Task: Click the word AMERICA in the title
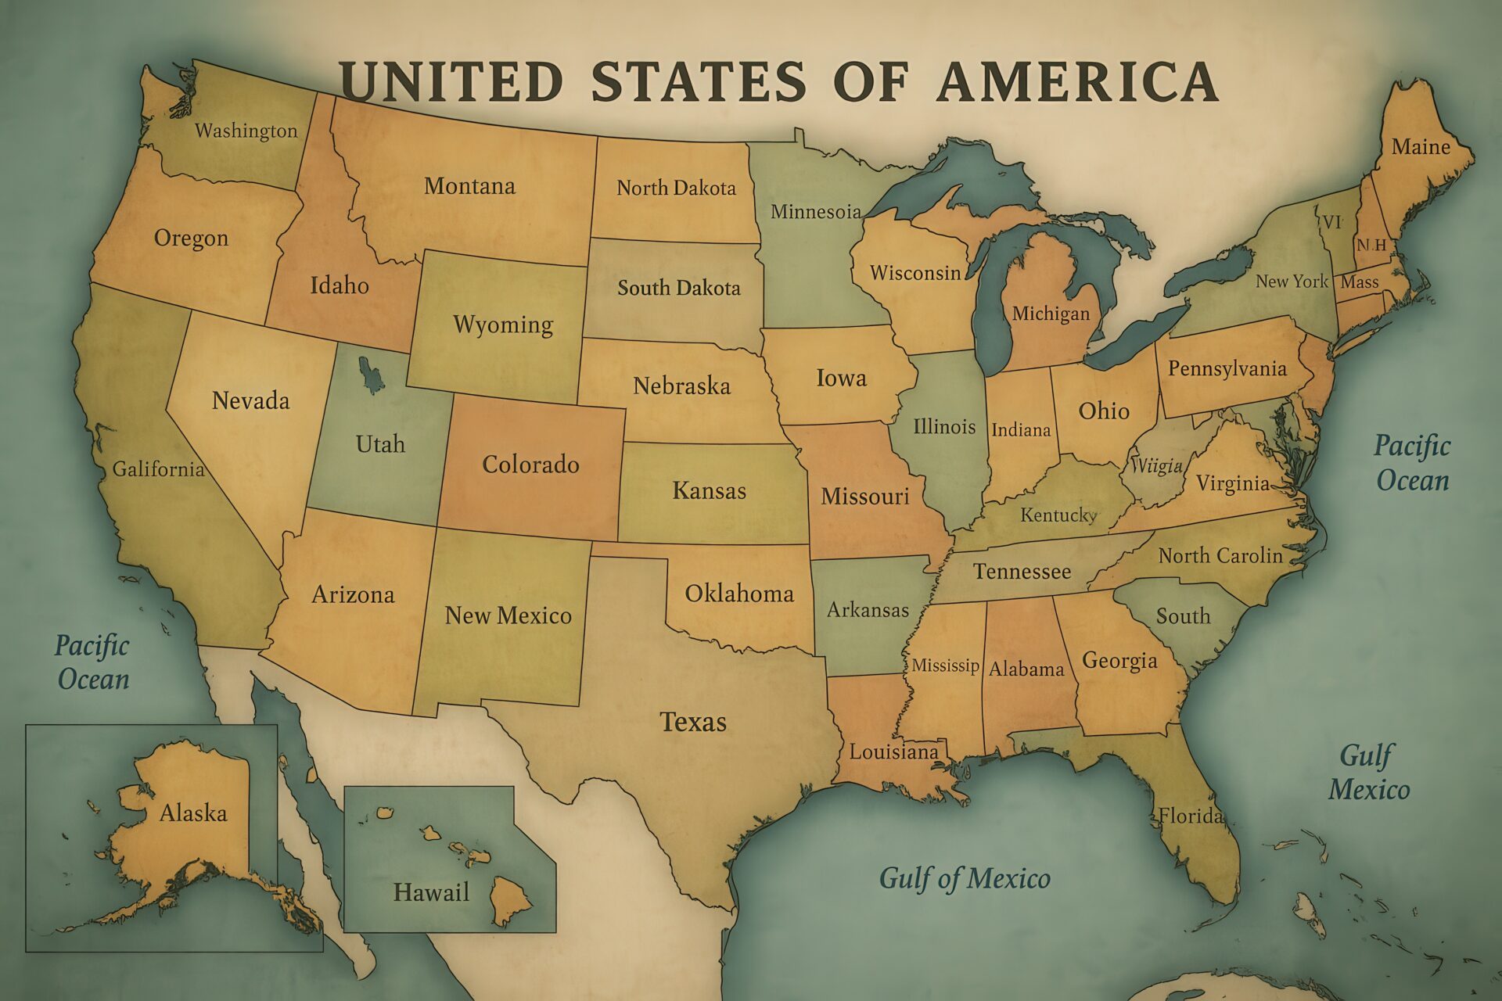[1077, 81]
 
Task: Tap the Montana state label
[469, 186]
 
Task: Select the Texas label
[693, 721]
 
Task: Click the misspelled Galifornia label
[158, 469]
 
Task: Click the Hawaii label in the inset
[431, 892]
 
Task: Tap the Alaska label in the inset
[193, 813]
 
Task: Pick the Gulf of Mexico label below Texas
[965, 878]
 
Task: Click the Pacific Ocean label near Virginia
[1413, 463]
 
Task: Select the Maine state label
[1421, 147]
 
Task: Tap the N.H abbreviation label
[1371, 245]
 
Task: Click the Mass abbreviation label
[1360, 282]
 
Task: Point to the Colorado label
[530, 465]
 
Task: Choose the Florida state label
[1190, 816]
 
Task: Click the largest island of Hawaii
[510, 899]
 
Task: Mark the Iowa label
[841, 379]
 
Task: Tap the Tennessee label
[1022, 572]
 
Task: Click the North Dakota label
[676, 188]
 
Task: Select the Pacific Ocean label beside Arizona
[92, 662]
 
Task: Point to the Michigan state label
[1051, 314]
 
